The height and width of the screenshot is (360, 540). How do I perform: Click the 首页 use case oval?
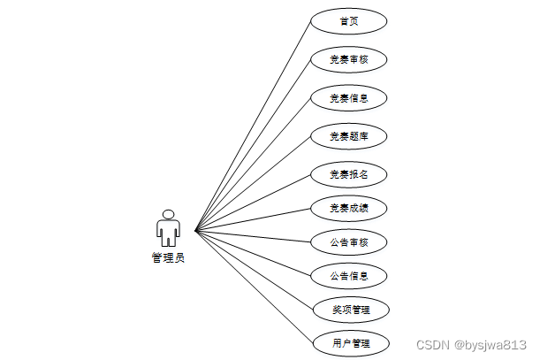tap(349, 21)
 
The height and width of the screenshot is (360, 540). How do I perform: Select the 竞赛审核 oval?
tap(349, 60)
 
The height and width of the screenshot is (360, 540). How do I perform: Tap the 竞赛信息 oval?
tap(349, 98)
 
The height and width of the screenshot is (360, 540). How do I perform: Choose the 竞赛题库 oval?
tap(349, 136)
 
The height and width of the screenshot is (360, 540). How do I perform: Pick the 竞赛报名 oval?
tap(349, 174)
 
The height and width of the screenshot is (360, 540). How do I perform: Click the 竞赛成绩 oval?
tap(349, 209)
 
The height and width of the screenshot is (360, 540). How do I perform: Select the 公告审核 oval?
tap(349, 242)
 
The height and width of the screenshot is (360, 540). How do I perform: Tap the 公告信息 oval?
tap(349, 276)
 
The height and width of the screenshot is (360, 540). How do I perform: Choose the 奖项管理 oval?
tap(349, 310)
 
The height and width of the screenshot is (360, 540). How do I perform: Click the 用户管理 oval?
tap(349, 342)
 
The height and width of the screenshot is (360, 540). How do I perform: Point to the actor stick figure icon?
tap(168, 229)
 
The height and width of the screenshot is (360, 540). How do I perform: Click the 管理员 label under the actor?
tap(168, 258)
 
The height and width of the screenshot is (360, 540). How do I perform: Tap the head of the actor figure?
tap(168, 214)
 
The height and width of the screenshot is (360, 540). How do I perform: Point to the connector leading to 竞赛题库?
tap(253, 184)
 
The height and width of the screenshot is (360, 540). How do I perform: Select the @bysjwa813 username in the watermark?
tap(491, 344)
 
